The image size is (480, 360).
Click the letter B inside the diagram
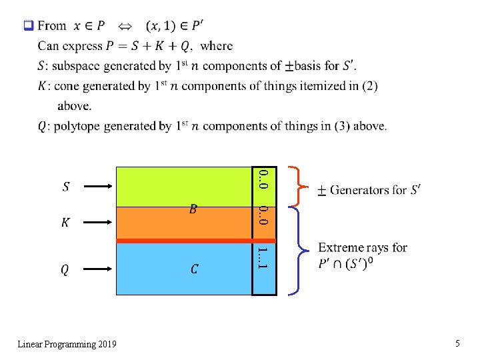193,210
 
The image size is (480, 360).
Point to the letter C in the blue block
194,269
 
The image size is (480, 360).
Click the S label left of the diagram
65,187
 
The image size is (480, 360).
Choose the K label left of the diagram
65,223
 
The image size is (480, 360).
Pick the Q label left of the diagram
65,269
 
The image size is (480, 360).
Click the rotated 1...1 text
263,258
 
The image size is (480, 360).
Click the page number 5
457,343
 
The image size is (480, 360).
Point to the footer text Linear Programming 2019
67,344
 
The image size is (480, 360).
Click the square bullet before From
28,26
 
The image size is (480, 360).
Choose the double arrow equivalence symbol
125,27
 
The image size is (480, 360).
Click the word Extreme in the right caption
340,247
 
